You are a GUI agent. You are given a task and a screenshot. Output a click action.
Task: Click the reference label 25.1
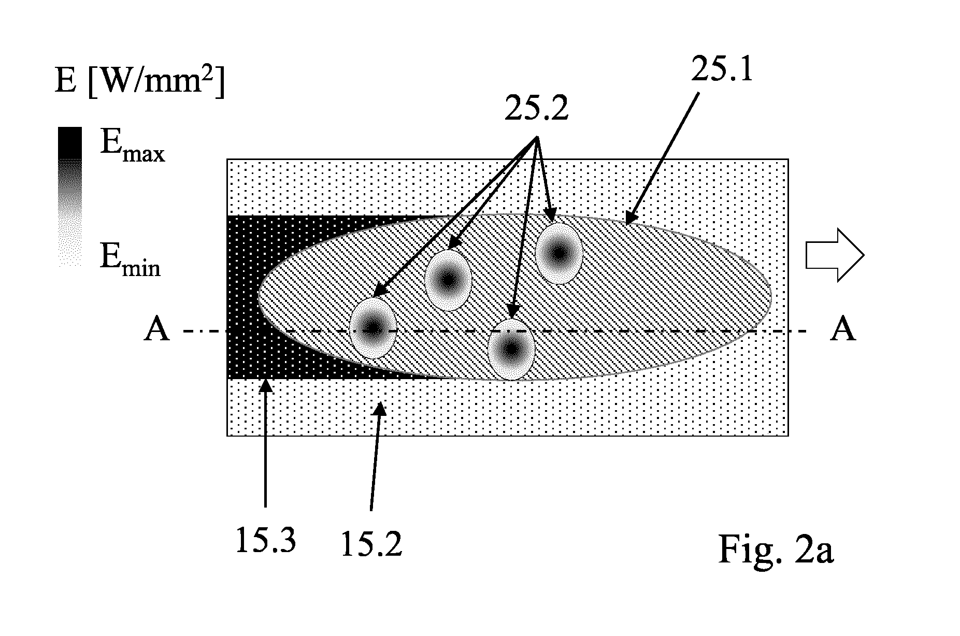click(722, 67)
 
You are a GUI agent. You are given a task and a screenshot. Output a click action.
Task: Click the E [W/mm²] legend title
click(140, 81)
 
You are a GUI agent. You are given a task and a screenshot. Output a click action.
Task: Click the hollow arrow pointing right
click(835, 256)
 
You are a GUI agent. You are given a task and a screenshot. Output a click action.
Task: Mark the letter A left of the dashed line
click(156, 329)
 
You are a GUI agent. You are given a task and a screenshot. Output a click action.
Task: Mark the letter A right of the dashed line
click(842, 329)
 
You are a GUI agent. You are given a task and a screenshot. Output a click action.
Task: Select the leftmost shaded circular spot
click(373, 328)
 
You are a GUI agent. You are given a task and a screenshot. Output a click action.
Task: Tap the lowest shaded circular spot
click(512, 350)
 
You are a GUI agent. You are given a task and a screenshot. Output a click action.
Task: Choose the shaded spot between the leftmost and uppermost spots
click(448, 280)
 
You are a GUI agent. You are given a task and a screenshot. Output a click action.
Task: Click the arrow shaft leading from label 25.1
click(662, 158)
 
